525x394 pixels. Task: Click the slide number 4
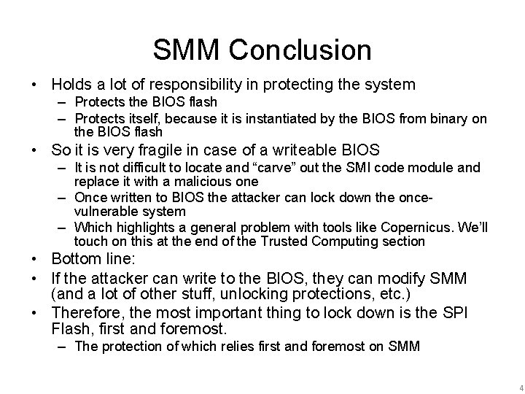(x=511, y=385)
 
